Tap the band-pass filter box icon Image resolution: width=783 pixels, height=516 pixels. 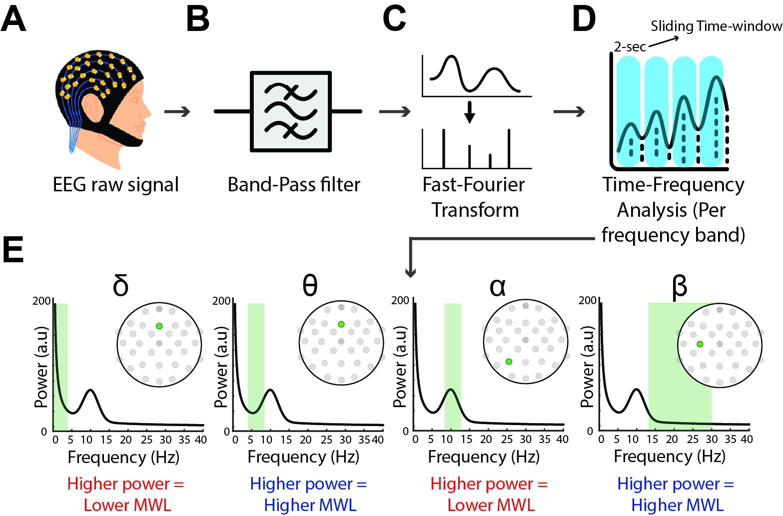(290, 111)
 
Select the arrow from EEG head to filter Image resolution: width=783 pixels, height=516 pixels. (177, 111)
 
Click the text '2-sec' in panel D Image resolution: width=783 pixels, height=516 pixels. (630, 47)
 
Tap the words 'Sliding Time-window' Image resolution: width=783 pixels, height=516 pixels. (716, 26)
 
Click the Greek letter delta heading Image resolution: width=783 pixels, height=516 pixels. (121, 286)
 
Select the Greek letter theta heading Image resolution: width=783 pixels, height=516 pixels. (310, 286)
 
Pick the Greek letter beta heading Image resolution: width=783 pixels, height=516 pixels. (680, 287)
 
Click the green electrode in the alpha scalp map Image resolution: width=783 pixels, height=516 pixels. (509, 362)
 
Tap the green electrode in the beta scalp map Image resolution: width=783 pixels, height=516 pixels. (700, 344)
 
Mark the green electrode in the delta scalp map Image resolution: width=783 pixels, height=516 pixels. (159, 326)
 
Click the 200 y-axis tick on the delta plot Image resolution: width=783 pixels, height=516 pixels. (41, 301)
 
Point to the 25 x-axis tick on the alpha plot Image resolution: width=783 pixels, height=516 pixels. (507, 440)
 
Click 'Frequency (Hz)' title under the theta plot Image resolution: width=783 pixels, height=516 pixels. (303, 457)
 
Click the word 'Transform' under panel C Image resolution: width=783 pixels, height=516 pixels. (475, 210)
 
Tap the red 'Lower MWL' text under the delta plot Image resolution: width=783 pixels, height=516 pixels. (127, 505)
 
